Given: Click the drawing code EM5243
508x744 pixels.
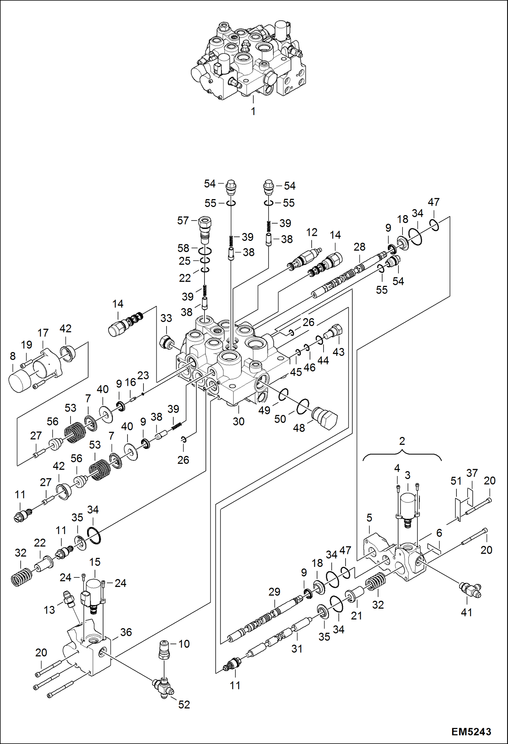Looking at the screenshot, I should (471, 731).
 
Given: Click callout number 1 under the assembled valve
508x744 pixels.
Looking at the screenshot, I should (253, 111).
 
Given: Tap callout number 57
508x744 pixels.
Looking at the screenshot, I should (183, 221).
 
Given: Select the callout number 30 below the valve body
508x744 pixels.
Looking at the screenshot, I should (238, 421).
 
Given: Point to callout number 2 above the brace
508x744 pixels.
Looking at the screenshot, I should (402, 441).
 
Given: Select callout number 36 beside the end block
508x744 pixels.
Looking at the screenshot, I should (126, 632).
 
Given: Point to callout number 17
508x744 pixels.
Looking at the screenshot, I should (43, 333).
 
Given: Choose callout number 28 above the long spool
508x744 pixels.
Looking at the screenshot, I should (359, 247).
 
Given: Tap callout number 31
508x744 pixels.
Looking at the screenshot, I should (297, 649).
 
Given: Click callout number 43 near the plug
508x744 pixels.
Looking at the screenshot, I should (338, 352).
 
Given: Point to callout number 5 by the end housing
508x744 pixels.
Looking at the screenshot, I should (369, 518).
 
